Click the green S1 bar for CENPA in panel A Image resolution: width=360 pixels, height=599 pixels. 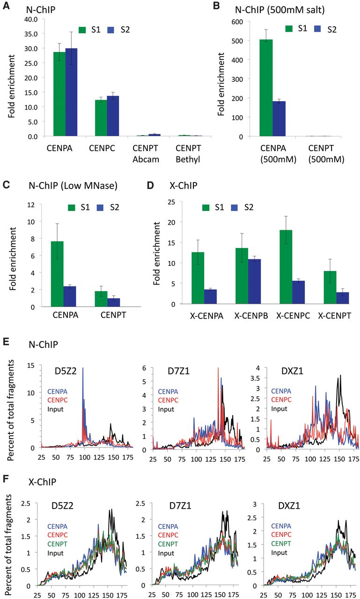pos(59,94)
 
